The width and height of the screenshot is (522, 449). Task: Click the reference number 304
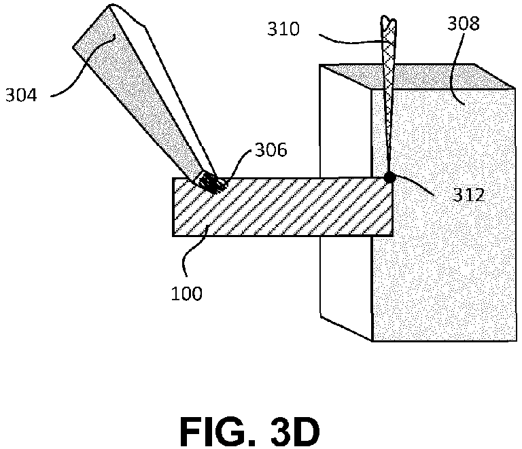click(x=21, y=96)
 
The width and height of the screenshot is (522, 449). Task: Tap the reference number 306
click(x=271, y=150)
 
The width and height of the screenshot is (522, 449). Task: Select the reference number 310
click(x=283, y=29)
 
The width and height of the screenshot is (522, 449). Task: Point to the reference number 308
click(x=463, y=23)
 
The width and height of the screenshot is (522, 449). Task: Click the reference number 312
click(x=469, y=195)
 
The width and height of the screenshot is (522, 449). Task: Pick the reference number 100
click(x=186, y=293)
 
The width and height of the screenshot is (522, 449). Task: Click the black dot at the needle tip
click(x=389, y=177)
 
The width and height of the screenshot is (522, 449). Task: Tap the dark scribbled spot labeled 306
click(x=212, y=183)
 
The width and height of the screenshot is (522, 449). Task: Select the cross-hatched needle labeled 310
click(x=389, y=93)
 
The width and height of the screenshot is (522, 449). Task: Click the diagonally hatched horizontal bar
click(x=282, y=207)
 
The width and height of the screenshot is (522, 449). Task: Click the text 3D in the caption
click(x=295, y=432)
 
